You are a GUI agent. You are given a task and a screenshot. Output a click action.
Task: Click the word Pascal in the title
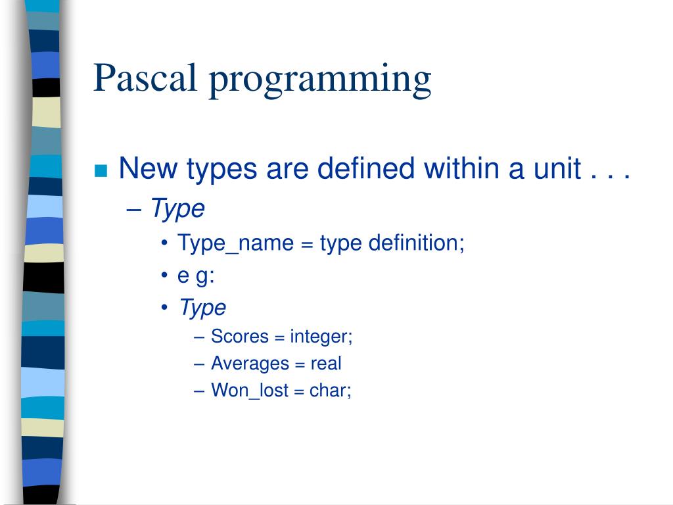click(x=147, y=78)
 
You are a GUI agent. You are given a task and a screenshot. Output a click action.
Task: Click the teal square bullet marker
click(x=101, y=171)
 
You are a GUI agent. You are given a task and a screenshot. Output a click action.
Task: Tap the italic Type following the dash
click(x=177, y=210)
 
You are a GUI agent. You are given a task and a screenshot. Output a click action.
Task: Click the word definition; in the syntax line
click(x=416, y=243)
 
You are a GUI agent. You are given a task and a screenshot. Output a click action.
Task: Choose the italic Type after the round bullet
click(x=202, y=308)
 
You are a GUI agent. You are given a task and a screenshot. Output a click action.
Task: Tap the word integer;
click(x=322, y=337)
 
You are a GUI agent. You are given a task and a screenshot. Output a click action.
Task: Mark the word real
click(x=326, y=363)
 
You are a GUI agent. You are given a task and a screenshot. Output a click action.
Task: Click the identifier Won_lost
click(x=250, y=391)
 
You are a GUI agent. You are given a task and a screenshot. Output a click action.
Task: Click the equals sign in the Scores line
click(x=279, y=337)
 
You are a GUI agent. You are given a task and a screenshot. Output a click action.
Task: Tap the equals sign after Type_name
click(x=307, y=244)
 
